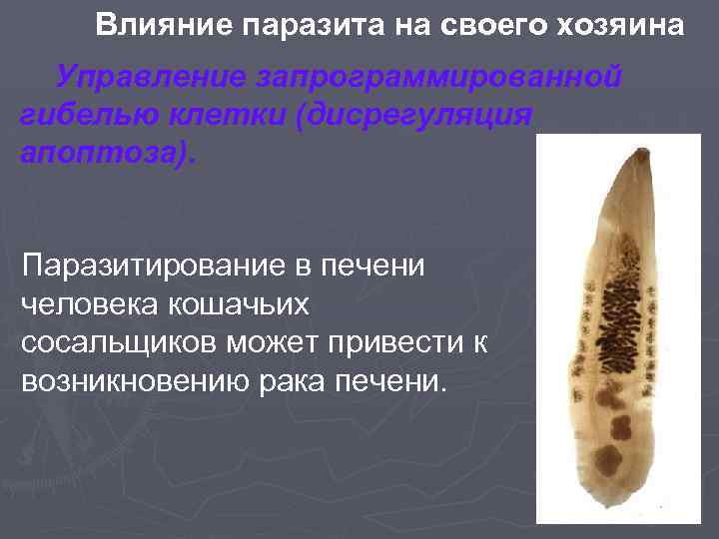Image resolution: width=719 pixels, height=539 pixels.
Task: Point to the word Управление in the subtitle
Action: pos(151,77)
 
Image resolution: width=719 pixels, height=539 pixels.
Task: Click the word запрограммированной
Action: pos(439,77)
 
